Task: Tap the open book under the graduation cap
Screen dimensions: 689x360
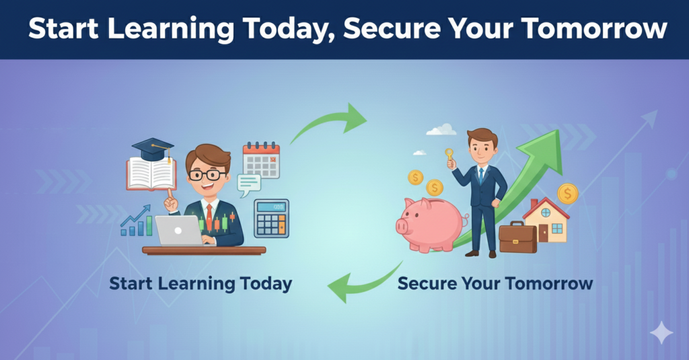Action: [151, 174]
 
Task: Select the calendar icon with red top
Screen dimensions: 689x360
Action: [262, 160]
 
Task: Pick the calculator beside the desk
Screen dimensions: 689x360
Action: [272, 218]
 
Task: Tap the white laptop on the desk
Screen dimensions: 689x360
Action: [178, 231]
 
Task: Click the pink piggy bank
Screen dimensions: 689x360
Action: [431, 225]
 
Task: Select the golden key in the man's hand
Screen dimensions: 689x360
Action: [449, 157]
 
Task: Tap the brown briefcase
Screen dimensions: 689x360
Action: [517, 237]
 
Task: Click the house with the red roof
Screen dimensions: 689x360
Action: [546, 220]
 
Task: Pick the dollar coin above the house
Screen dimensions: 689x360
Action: [568, 193]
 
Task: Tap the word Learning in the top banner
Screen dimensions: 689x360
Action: [171, 28]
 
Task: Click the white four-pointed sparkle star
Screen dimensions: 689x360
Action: [661, 332]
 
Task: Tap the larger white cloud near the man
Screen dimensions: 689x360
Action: [441, 130]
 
